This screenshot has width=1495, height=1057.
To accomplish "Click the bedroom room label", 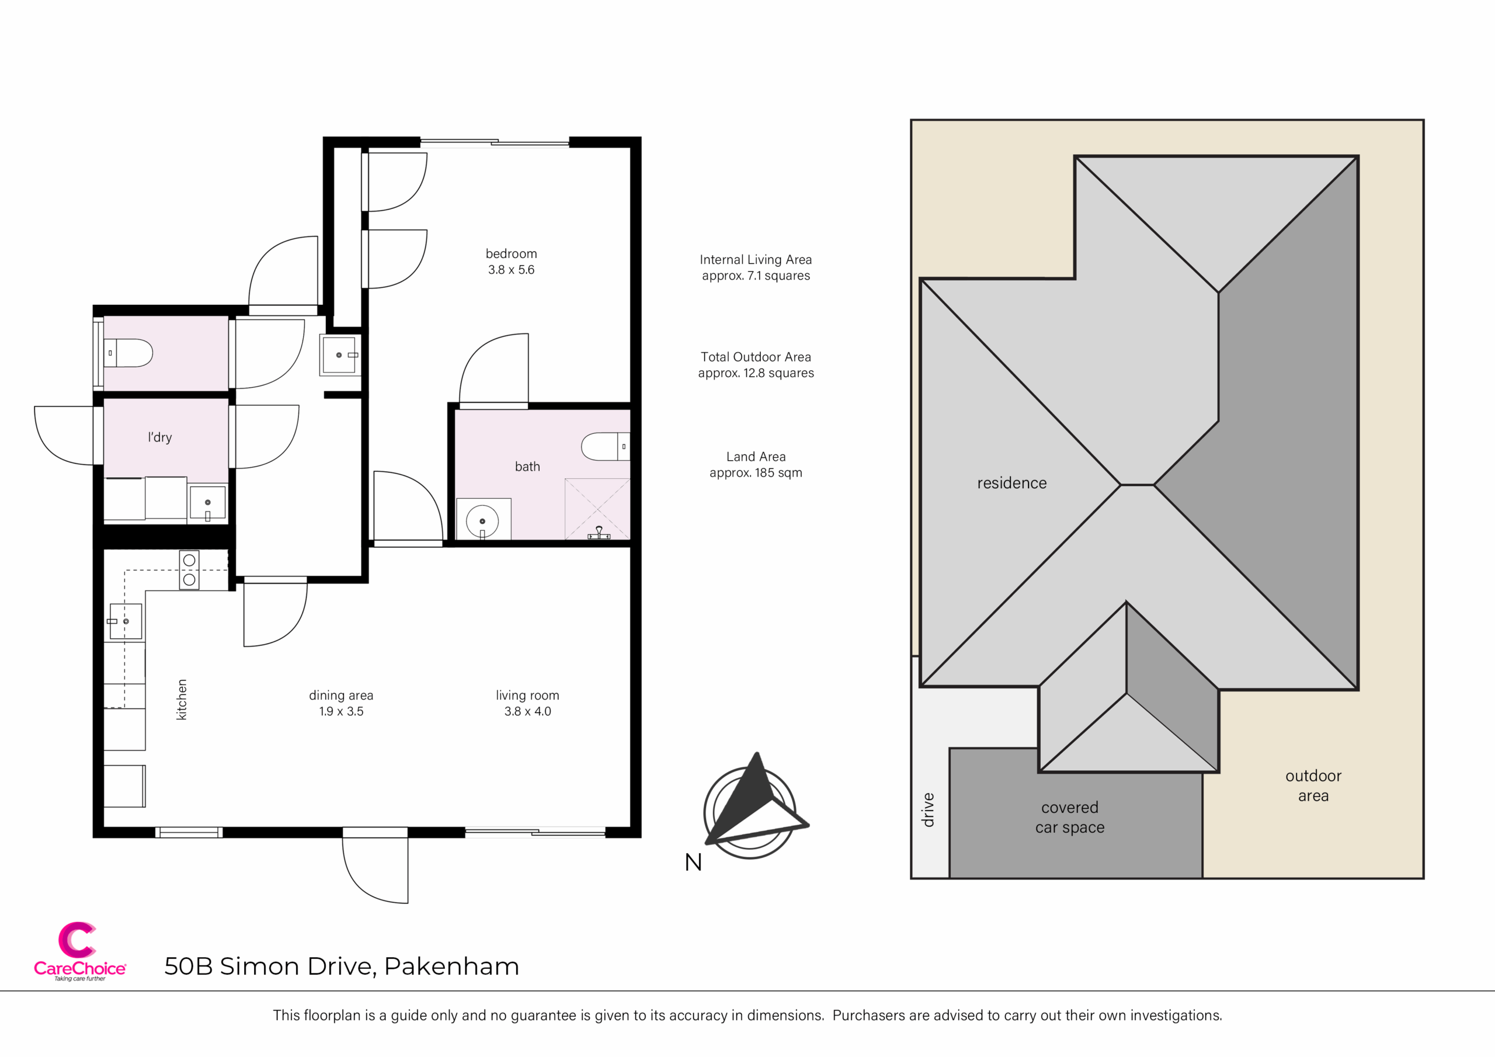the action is [x=511, y=254].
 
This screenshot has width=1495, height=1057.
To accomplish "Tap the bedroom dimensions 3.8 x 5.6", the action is [x=511, y=270].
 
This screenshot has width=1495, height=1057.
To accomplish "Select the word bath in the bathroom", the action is [x=527, y=466].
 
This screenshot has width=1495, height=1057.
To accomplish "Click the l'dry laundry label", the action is [x=159, y=437].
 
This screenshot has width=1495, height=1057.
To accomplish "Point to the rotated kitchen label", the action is [x=182, y=700].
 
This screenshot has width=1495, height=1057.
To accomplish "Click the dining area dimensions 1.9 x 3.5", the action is [x=341, y=711].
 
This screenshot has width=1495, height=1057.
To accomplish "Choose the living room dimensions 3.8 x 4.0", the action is [x=527, y=711].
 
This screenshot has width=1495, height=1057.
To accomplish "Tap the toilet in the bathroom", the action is [x=606, y=447].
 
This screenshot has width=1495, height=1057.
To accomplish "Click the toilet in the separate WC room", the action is [x=128, y=353].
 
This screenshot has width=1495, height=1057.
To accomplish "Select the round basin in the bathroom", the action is [x=482, y=521].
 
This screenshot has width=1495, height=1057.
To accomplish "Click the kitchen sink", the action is [x=125, y=621].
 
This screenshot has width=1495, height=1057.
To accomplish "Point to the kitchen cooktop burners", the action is [x=189, y=570].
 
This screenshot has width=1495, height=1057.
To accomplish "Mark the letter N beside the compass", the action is [x=693, y=863].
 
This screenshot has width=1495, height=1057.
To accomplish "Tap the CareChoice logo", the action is [x=79, y=951].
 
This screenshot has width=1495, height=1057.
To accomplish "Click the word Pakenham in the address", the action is [x=451, y=966].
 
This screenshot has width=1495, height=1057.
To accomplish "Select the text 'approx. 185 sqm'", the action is [x=756, y=473].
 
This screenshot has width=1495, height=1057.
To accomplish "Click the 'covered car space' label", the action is [x=1070, y=818].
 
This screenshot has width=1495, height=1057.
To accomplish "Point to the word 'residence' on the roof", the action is [x=1012, y=483].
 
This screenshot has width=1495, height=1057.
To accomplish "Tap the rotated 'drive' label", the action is [x=928, y=810].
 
